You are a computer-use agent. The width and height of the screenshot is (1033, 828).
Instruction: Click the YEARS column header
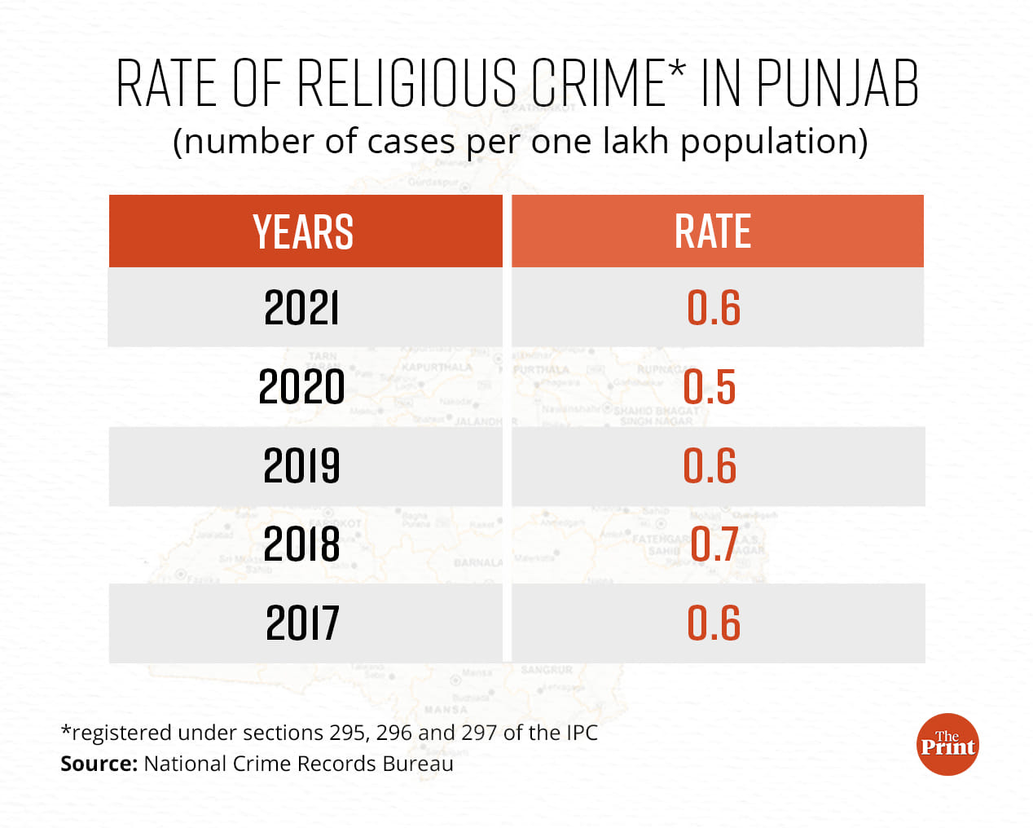tap(303, 231)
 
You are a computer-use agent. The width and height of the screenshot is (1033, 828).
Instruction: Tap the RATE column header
tap(713, 231)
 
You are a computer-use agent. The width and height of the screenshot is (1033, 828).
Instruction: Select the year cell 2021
tap(301, 308)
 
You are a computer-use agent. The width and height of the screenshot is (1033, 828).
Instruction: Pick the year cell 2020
tap(301, 386)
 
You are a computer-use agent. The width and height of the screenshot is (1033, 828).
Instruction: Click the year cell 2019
tap(301, 465)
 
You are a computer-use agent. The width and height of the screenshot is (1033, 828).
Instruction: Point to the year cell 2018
tap(301, 544)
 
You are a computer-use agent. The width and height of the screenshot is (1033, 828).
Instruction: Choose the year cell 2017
tap(302, 623)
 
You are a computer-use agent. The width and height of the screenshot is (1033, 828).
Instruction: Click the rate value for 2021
tap(714, 308)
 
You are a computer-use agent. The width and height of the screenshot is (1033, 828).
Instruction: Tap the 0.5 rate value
tap(710, 386)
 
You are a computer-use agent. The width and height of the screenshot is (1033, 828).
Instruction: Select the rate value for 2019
tap(710, 465)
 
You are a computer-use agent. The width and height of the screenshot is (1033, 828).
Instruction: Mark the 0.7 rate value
tap(714, 544)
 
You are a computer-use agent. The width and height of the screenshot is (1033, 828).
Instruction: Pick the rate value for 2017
tap(714, 623)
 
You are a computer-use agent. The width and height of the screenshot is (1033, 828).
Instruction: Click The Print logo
tap(947, 744)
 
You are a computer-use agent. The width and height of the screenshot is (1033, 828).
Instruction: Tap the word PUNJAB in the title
tap(837, 84)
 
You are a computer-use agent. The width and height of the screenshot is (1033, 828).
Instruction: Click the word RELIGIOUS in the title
tap(407, 84)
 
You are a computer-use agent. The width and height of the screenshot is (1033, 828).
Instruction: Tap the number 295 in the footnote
tap(348, 733)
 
